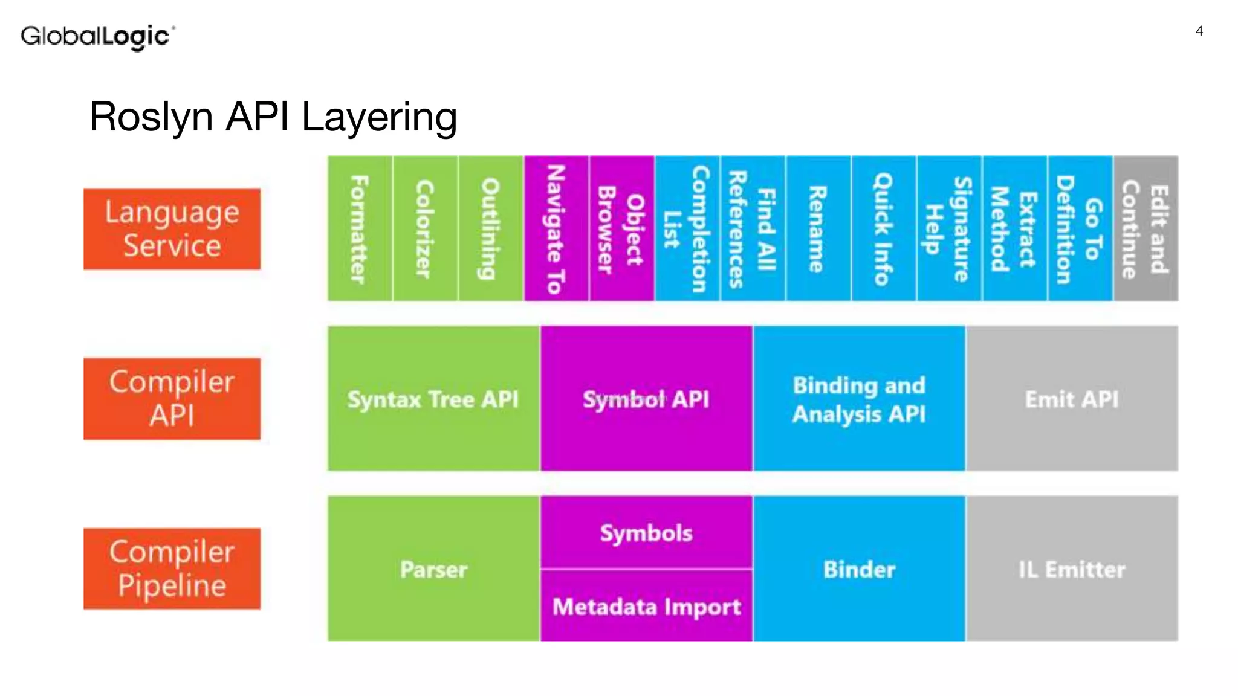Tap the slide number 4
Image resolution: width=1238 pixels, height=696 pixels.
(1199, 31)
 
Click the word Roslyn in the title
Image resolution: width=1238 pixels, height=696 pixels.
(151, 116)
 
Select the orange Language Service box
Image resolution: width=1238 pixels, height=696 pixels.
(172, 229)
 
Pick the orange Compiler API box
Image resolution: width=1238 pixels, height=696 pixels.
(172, 399)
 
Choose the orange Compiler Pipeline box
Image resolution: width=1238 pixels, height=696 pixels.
(172, 569)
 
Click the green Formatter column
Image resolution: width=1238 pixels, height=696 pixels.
(360, 228)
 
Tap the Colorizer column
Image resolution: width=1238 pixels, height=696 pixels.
(425, 228)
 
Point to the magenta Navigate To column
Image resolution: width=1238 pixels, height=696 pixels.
(556, 228)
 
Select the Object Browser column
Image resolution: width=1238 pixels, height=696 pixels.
(621, 228)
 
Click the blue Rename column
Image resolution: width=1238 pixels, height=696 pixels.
(818, 228)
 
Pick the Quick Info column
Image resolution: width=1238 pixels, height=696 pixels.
(883, 228)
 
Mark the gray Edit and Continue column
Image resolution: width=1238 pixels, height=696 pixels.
(1146, 228)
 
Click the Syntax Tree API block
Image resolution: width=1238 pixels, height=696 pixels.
(433, 399)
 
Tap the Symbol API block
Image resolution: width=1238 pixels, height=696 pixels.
(646, 399)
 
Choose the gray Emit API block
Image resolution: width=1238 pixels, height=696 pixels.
(1072, 399)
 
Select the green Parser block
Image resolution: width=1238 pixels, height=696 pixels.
(433, 569)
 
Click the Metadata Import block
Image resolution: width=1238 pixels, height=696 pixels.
(646, 606)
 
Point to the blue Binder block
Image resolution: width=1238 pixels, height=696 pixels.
(859, 569)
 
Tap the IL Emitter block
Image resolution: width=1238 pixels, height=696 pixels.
(1072, 569)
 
